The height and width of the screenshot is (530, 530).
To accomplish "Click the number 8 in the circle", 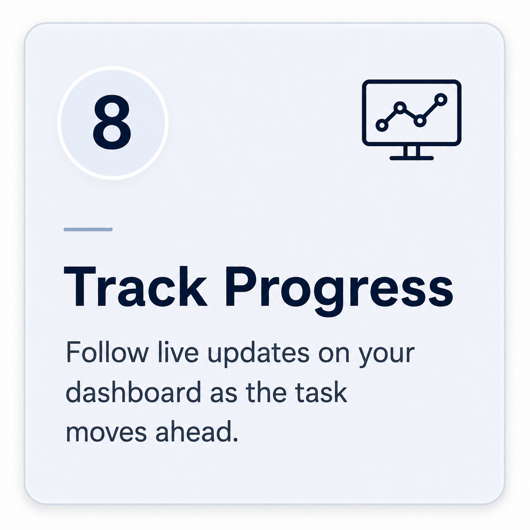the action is point(112,122).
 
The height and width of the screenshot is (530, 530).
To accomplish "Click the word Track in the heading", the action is point(135,286).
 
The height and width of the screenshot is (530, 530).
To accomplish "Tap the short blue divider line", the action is point(88,229).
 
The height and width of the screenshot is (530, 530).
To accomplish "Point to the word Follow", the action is point(107,352).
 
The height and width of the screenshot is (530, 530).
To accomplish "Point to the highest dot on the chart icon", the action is point(441,99).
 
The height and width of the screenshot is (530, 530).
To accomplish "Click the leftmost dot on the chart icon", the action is point(382,126).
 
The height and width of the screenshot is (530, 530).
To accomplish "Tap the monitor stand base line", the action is point(412,158).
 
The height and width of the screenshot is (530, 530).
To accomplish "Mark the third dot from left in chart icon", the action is point(420,121).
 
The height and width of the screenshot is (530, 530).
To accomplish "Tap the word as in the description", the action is point(223,396).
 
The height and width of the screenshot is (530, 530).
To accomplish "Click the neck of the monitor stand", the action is point(412,151).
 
